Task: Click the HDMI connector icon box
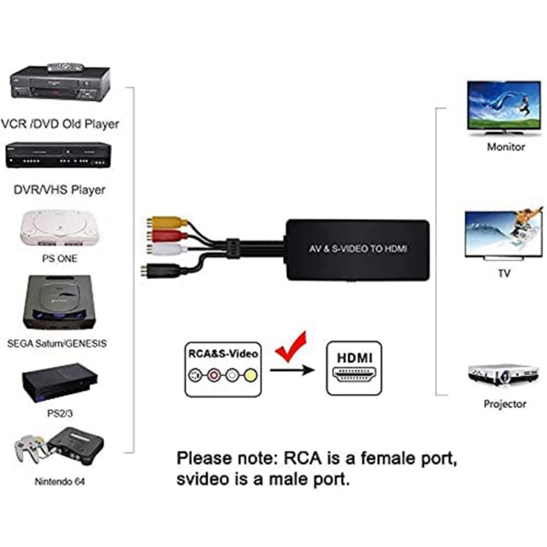(354, 369)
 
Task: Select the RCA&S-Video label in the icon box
(223, 353)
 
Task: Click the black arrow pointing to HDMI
(294, 371)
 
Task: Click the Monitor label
(506, 146)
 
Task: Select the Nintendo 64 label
(61, 481)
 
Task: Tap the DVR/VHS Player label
(60, 189)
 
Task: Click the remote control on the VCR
(65, 66)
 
